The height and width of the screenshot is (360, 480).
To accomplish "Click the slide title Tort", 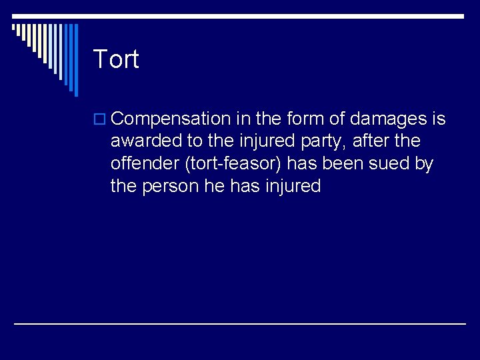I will pyautogui.click(x=116, y=59).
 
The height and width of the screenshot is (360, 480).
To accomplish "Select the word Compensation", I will pyautogui.click(x=171, y=119).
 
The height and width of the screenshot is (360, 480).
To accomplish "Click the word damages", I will pyautogui.click(x=389, y=119).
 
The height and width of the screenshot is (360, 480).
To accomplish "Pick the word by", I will pyautogui.click(x=425, y=164).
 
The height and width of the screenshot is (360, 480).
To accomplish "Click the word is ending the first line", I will pyautogui.click(x=439, y=119).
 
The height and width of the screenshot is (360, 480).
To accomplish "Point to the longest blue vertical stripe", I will pyautogui.click(x=75, y=60).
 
